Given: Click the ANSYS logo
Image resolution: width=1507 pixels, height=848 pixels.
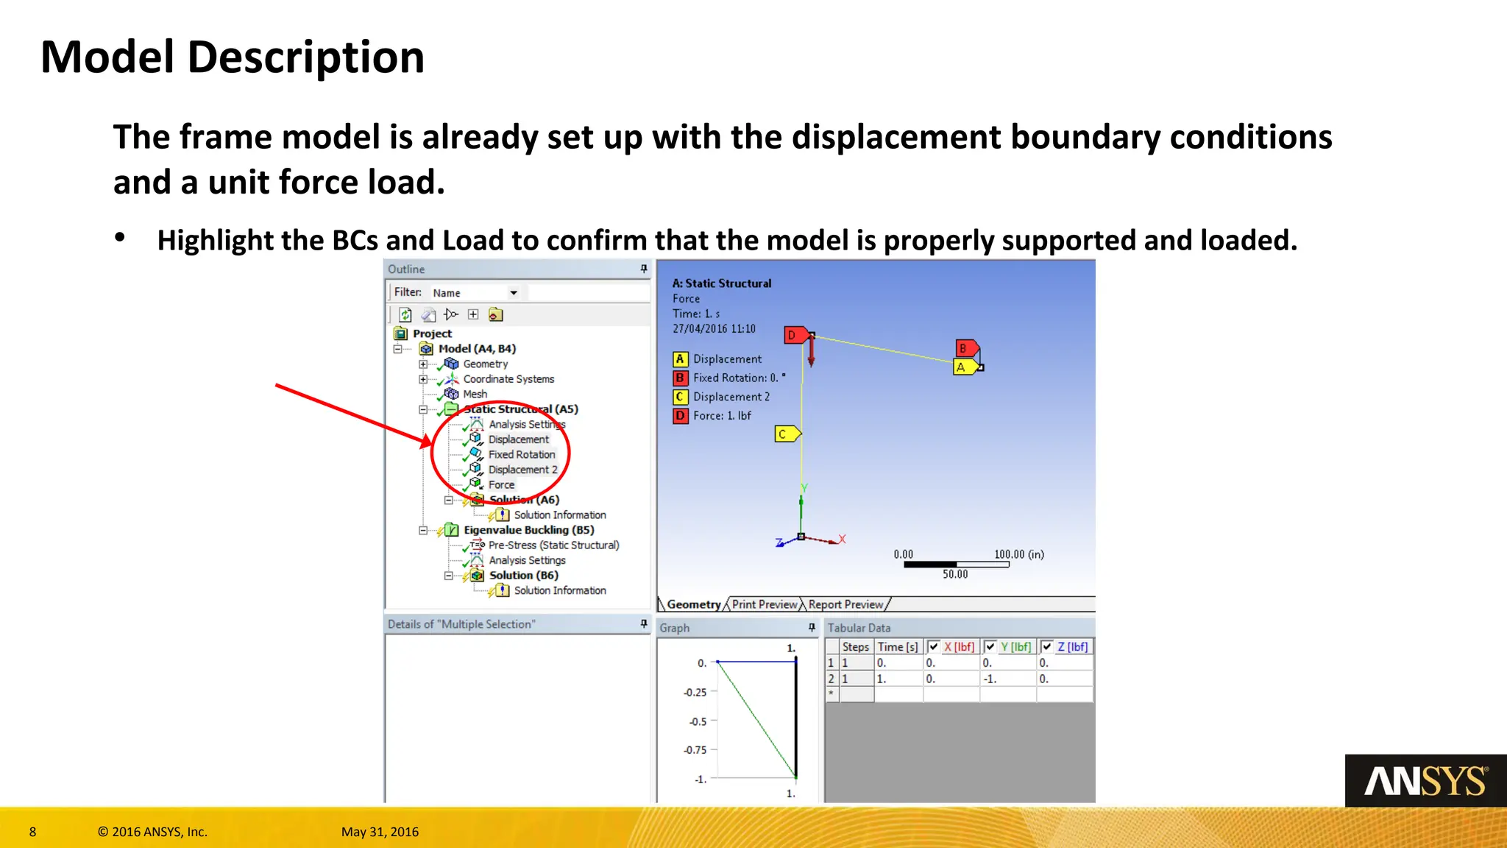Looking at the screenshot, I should point(1425,782).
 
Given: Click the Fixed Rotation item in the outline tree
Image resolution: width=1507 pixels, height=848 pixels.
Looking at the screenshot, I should point(521,455).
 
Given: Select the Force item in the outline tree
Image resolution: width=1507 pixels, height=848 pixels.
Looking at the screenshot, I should point(501,485).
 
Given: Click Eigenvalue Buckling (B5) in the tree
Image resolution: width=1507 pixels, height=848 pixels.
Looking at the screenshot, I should point(528,530).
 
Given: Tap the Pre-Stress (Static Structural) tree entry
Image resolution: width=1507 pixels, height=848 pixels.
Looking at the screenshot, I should point(553,545).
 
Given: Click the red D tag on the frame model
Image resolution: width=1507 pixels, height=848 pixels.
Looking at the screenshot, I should point(794,336).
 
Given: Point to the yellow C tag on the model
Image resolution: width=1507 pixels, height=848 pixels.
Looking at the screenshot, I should point(784,434).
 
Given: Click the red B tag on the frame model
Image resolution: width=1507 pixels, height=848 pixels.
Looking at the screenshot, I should point(965,348).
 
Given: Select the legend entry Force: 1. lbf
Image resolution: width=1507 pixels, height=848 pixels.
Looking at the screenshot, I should point(721,416).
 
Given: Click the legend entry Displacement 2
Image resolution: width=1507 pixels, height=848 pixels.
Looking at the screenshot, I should point(731,397).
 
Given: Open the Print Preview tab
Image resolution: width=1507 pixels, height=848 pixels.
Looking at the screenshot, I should point(764,604).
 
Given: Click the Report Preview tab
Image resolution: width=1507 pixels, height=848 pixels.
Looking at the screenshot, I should point(845,604).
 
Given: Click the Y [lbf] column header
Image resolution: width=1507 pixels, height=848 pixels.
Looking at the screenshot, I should point(1015,647).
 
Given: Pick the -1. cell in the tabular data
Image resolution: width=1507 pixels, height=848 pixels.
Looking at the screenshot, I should point(990,679).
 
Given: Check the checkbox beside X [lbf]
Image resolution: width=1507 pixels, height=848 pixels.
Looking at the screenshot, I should point(934,647).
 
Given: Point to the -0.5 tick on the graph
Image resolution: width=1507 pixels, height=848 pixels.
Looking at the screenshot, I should point(698,721).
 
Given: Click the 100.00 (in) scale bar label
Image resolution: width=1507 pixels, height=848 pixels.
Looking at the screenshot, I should point(1018,554).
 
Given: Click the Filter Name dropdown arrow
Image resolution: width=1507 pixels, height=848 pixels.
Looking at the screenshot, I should point(514,293).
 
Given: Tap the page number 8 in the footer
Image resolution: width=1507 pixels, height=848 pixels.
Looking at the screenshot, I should point(32,832).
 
